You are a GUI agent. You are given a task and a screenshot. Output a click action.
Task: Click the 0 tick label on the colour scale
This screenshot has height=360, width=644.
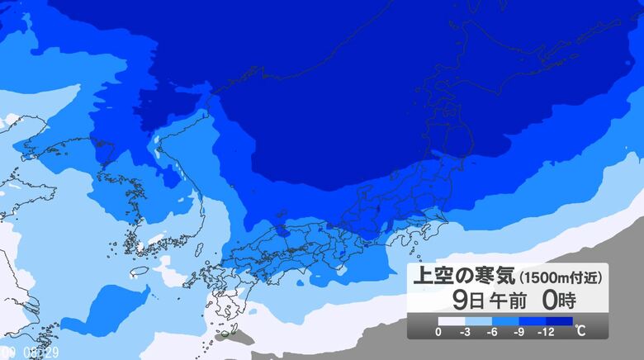tap(438, 333)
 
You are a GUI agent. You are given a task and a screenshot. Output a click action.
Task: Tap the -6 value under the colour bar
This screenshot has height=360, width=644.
tap(492, 333)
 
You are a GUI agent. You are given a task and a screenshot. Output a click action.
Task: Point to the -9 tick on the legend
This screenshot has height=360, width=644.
tap(519, 333)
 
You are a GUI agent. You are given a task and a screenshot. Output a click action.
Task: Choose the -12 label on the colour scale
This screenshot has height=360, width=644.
tap(547, 333)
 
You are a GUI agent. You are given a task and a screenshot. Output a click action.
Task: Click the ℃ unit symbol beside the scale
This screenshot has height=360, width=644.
tap(581, 332)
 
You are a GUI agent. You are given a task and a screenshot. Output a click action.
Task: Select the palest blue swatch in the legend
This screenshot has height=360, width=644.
tap(478, 321)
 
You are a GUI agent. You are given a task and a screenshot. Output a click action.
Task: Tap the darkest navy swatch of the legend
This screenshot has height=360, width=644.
tap(560, 321)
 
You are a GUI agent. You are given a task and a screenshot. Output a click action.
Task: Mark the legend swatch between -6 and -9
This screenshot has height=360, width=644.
tap(505, 321)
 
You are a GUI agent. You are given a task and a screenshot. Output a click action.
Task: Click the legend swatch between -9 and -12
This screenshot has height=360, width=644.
tap(533, 321)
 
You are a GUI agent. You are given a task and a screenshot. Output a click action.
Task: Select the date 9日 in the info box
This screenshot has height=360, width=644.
tap(462, 299)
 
